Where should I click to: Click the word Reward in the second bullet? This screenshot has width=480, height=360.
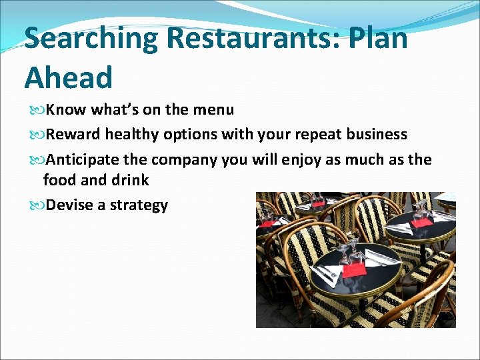click(x=73, y=134)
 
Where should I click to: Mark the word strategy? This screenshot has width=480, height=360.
click(x=139, y=205)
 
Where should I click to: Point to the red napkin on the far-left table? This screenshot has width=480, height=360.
click(x=267, y=223)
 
